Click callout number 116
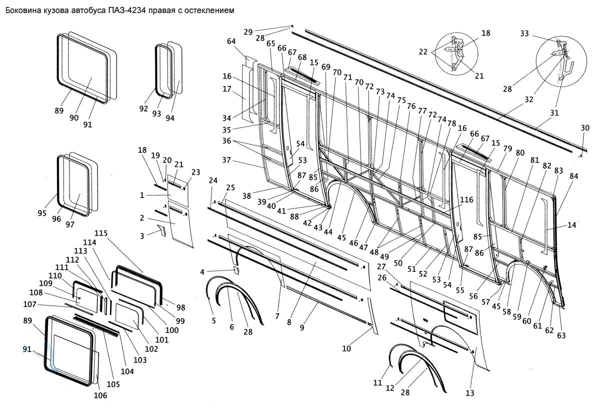[x=466, y=199]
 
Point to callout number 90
[x=74, y=117]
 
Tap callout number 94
[x=170, y=118]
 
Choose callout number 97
[x=70, y=224]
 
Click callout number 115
[x=101, y=233]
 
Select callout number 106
[x=100, y=395]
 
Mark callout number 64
[x=231, y=41]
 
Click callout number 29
[x=248, y=32]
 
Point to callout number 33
[x=524, y=33]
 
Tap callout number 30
[x=585, y=128]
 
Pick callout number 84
[x=573, y=176]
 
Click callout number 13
[x=470, y=393]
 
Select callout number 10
[x=346, y=348]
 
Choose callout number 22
[x=423, y=51]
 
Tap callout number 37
[x=226, y=160]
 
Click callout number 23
[x=195, y=172]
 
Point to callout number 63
[x=561, y=335]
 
